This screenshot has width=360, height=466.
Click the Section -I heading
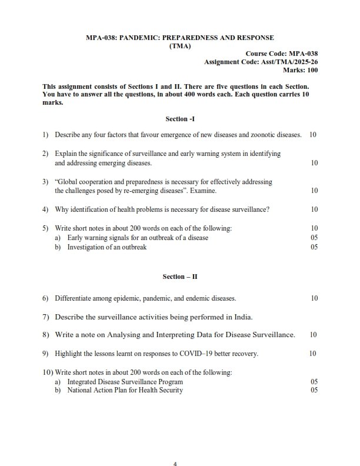tap(179, 119)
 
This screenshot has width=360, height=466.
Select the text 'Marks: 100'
tap(301, 70)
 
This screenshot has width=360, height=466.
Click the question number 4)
tap(45, 209)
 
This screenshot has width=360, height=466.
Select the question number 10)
tap(48, 372)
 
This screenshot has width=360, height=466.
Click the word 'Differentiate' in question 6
tap(74, 298)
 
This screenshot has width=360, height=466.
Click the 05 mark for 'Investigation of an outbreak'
tap(314, 247)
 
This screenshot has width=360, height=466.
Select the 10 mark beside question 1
tap(313, 135)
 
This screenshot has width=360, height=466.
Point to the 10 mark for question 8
tap(314, 335)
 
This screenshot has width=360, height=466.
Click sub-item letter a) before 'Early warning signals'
tap(58, 238)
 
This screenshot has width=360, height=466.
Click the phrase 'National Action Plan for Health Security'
tap(125, 390)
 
